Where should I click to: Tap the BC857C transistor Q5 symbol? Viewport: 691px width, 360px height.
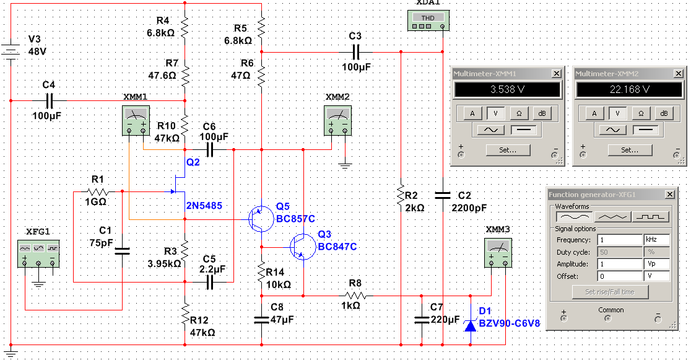point(261,219)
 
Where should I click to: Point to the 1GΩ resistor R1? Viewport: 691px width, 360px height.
point(97,191)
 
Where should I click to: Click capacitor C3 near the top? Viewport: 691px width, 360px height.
point(356,53)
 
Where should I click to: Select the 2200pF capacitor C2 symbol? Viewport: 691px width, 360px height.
point(443,195)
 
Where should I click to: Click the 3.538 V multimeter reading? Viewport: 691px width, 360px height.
point(507,90)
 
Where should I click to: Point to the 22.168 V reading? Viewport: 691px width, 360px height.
point(629,90)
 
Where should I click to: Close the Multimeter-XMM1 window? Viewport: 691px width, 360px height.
point(557,74)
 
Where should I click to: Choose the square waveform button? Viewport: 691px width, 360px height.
point(651,217)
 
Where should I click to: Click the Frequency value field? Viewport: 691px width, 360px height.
point(620,240)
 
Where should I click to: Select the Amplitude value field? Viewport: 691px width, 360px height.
point(620,264)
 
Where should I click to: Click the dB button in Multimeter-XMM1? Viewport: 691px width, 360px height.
point(542,113)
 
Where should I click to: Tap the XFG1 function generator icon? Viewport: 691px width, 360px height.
point(38,253)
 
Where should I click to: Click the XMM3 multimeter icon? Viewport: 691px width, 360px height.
point(498,253)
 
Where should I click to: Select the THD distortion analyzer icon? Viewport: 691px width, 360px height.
point(428,20)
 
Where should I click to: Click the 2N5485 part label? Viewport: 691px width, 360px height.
point(204,206)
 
